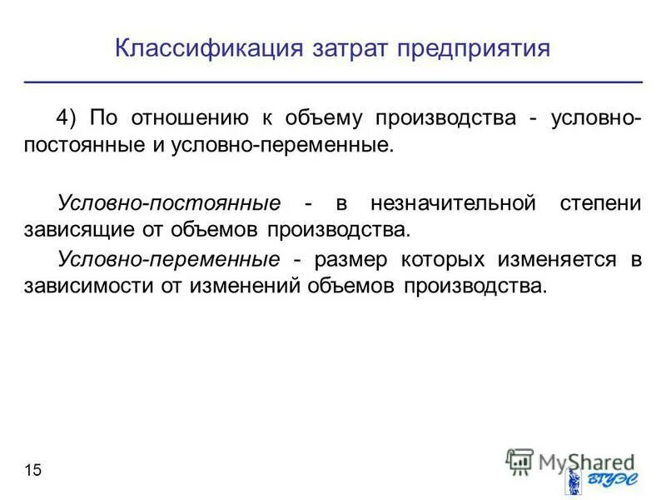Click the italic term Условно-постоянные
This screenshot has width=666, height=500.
pyautogui.click(x=168, y=203)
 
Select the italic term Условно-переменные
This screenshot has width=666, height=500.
pyautogui.click(x=168, y=259)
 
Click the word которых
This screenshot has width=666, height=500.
pyautogui.click(x=435, y=259)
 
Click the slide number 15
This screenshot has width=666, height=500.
pyautogui.click(x=32, y=471)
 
